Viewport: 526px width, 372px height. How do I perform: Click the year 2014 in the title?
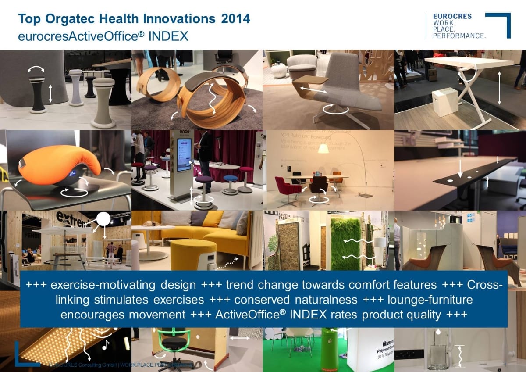[236, 19]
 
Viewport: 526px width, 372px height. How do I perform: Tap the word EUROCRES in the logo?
[452, 16]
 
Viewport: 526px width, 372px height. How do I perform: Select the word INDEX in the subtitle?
[168, 36]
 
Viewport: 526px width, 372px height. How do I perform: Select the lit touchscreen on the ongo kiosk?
[184, 155]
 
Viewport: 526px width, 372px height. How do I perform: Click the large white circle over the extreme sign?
[103, 220]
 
